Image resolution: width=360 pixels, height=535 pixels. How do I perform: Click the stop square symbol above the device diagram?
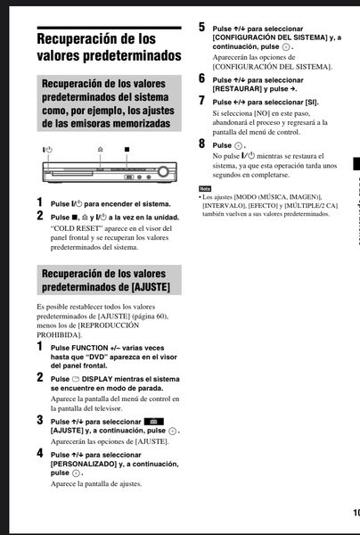(127, 149)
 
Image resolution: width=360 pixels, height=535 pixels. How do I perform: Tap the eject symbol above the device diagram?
(100, 149)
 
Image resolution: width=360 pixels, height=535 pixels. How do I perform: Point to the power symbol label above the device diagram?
(47, 150)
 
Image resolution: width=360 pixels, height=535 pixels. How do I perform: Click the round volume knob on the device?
(163, 171)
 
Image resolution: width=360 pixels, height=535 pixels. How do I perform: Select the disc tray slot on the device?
(72, 174)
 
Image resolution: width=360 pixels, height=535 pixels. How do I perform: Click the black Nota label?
(205, 189)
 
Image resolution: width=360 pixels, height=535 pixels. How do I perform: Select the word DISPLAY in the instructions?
(97, 379)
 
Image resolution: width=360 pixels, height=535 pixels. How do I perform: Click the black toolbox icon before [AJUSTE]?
(154, 422)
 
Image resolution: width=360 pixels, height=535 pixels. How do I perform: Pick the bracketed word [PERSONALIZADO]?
(84, 464)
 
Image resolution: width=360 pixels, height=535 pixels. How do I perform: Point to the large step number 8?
(201, 144)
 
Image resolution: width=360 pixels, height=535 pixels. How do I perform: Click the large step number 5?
(201, 27)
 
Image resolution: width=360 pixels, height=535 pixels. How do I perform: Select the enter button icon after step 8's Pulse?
(239, 145)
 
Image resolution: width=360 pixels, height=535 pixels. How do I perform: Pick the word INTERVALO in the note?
(224, 205)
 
